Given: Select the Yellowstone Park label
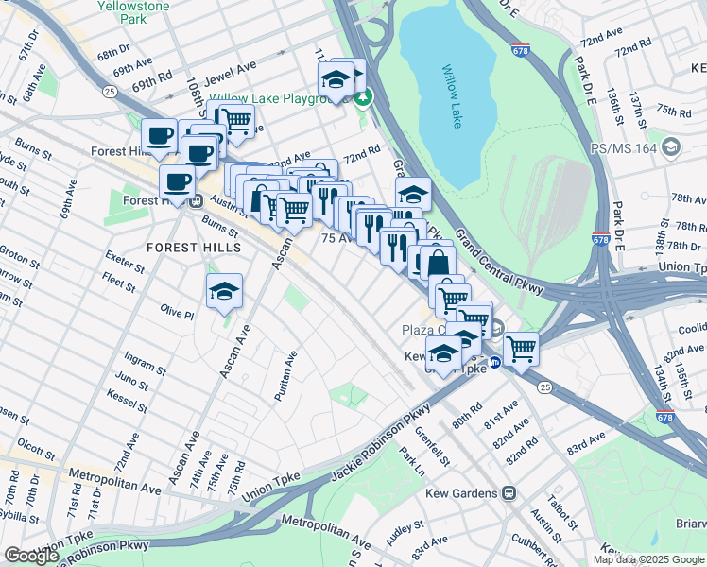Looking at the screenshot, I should click(x=133, y=11).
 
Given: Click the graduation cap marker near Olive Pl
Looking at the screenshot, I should click(x=224, y=293).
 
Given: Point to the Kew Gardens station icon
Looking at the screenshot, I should click(x=509, y=493).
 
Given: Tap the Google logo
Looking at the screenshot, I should click(x=31, y=556).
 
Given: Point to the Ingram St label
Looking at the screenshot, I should click(x=144, y=360).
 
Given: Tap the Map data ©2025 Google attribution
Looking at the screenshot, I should click(x=648, y=559).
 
